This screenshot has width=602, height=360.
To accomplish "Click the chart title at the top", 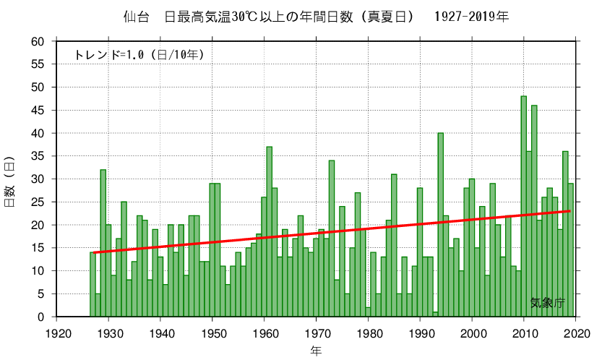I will click(x=311, y=16).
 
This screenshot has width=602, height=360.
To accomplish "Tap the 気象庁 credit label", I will click(x=546, y=303).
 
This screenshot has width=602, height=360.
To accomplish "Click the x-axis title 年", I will click(x=316, y=351).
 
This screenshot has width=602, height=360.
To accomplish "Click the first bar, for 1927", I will click(x=93, y=286).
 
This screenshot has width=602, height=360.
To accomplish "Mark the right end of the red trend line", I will click(x=570, y=211).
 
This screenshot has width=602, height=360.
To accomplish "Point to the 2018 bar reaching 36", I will click(x=565, y=235).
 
